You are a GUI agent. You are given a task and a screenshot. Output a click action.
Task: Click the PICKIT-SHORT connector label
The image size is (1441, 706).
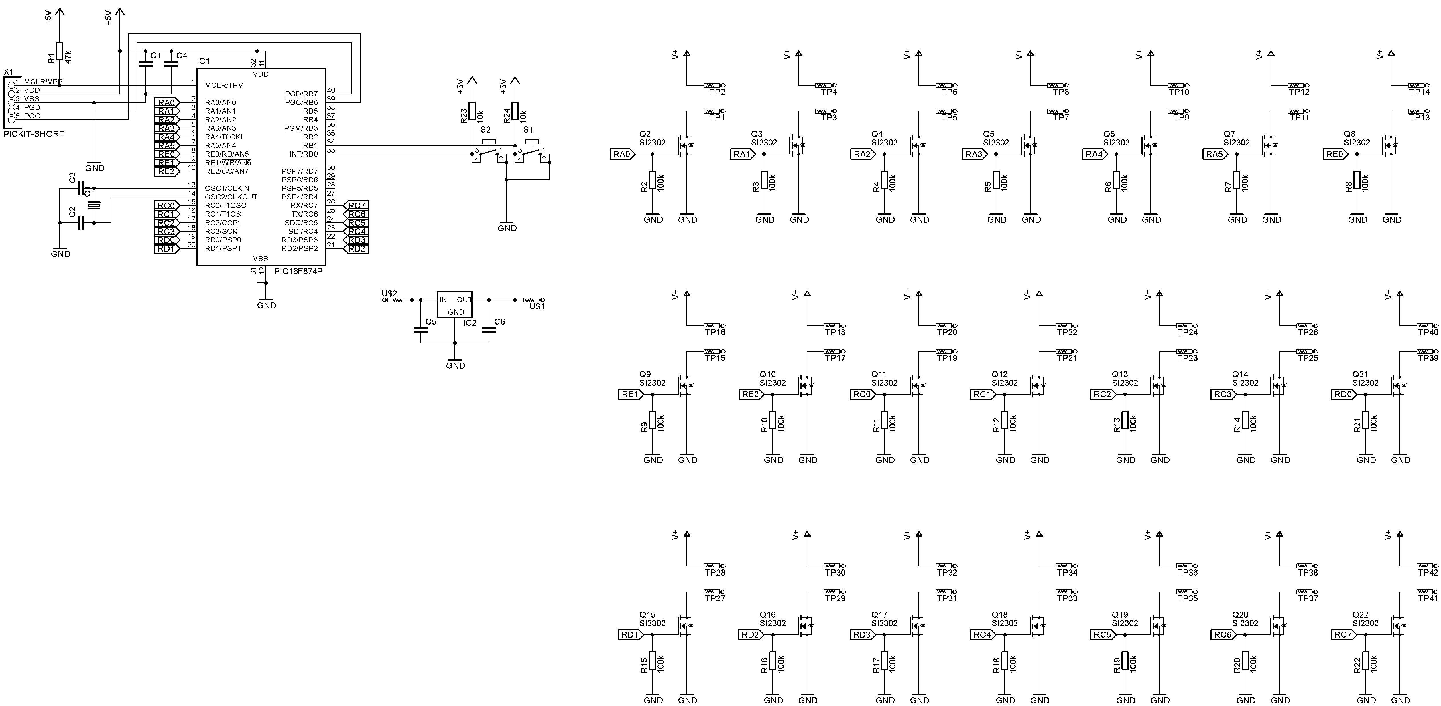point(34,134)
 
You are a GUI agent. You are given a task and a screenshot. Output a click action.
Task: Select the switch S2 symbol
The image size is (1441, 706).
point(488,151)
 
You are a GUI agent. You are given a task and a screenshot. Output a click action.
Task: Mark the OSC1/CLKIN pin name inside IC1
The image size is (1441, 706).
point(227,188)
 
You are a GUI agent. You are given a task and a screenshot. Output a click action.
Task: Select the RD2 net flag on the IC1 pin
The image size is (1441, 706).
point(356,249)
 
